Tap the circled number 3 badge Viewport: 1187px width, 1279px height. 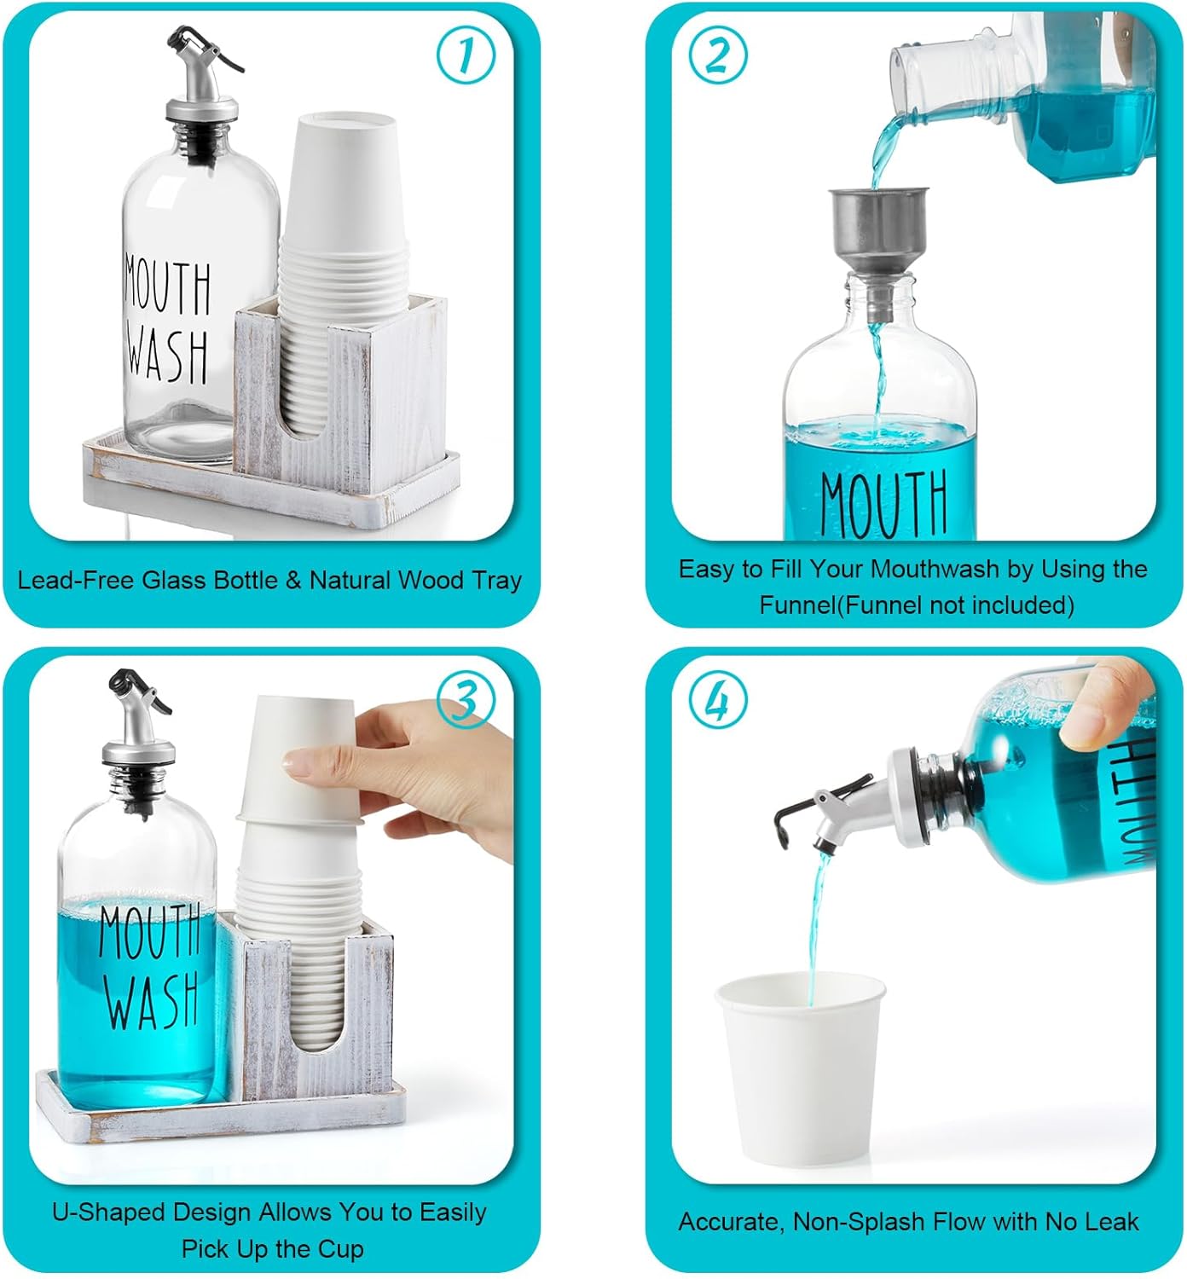point(466,701)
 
